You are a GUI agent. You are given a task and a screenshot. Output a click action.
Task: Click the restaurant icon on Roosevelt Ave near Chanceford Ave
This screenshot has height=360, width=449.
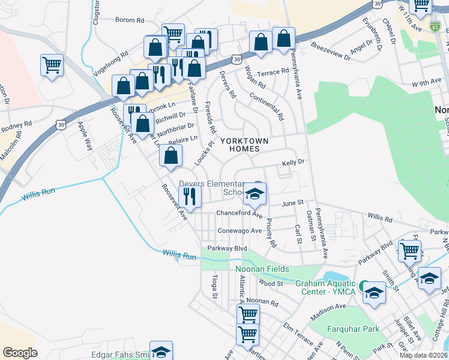click(190, 197)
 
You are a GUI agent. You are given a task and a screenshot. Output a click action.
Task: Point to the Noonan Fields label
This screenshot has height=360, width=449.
click(262, 269)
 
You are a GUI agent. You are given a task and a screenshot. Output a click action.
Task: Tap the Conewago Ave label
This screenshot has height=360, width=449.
click(240, 230)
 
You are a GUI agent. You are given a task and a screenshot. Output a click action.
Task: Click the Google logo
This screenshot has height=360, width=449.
click(20, 353)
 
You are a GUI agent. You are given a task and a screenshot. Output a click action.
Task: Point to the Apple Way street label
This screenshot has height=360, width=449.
click(85, 136)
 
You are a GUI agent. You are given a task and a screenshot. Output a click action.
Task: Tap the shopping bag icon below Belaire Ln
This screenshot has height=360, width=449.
click(171, 157)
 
